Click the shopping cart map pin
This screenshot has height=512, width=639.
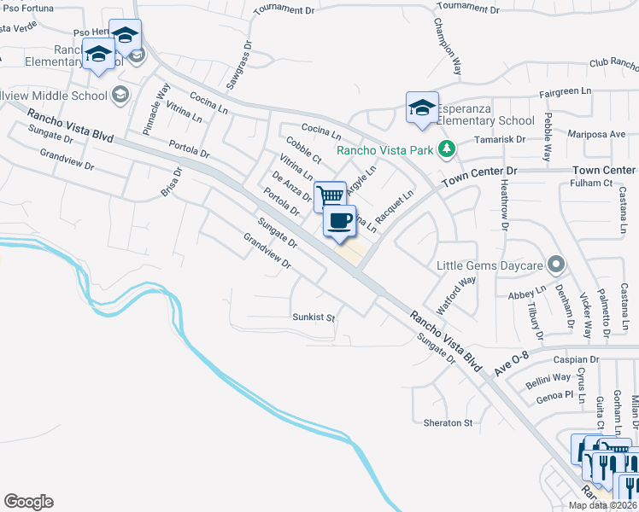[331, 196]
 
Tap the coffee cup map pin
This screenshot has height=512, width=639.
[339, 220]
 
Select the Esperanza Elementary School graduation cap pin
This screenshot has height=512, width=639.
[422, 108]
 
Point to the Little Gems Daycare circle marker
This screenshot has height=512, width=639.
[556, 264]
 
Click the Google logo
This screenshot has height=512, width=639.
[28, 502]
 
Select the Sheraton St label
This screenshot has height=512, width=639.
[448, 422]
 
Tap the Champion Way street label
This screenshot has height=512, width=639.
[447, 47]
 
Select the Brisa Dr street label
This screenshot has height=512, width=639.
[173, 182]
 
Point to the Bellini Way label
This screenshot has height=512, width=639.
[548, 377]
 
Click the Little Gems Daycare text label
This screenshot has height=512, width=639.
[490, 265]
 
